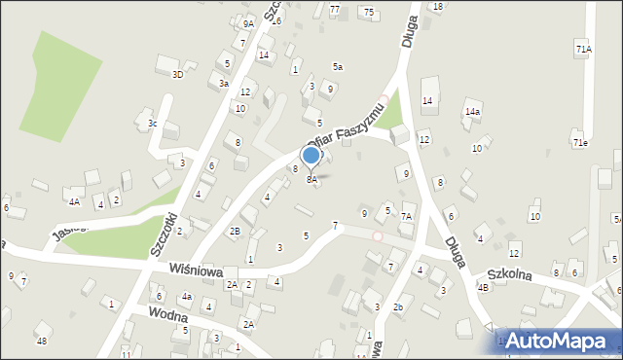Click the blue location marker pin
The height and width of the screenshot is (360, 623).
(x=311, y=156)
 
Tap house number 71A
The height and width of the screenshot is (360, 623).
(x=582, y=48)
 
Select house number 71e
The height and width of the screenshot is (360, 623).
(x=580, y=143)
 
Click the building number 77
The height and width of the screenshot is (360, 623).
(x=334, y=9)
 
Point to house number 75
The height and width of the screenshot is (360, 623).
(x=368, y=12)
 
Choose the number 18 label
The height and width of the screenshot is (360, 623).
(x=438, y=6)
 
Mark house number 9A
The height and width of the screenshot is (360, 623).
(x=248, y=23)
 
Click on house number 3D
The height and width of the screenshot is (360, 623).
(x=177, y=74)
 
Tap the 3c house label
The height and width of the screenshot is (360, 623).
(x=152, y=123)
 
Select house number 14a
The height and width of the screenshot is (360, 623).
(x=472, y=112)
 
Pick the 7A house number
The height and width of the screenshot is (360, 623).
(x=407, y=215)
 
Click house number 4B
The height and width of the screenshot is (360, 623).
(x=482, y=287)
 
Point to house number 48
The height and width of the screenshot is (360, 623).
(x=41, y=341)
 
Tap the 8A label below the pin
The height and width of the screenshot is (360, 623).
(x=311, y=179)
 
